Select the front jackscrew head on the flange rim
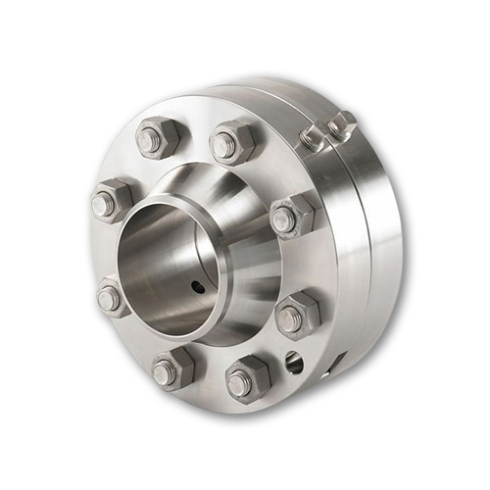point(313,136)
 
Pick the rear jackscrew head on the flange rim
point(342,122)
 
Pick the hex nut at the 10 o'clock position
point(110,202)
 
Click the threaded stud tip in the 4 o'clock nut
point(290,318)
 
